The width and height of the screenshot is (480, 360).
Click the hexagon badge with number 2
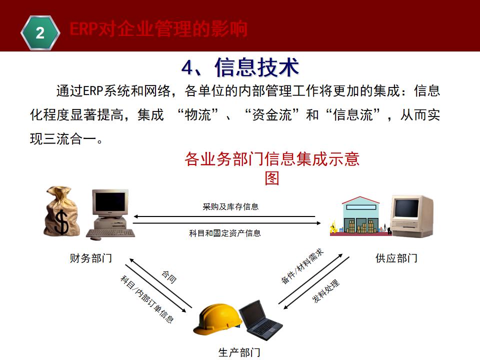(x=40, y=32)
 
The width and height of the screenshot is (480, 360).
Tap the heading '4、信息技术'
(x=240, y=67)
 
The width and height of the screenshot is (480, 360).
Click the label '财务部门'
(x=90, y=258)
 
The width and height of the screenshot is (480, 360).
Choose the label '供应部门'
(x=396, y=258)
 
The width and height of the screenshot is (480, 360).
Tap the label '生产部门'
(x=239, y=352)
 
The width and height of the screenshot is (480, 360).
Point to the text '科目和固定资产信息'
(x=225, y=233)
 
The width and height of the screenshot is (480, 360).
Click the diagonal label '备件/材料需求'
(x=302, y=266)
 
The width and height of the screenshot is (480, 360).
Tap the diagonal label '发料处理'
(x=326, y=291)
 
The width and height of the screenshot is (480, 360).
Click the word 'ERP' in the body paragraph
(x=92, y=91)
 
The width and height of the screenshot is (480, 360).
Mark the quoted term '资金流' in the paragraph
(x=269, y=115)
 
